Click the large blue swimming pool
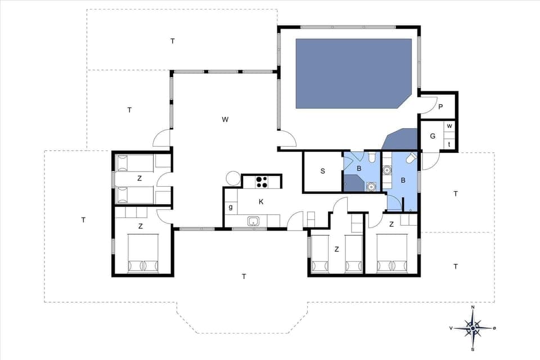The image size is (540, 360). (x=353, y=73)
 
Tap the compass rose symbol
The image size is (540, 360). (x=472, y=327)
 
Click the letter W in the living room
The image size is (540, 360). (x=225, y=119)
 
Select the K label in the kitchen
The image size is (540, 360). (x=260, y=201)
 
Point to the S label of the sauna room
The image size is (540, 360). (x=323, y=172)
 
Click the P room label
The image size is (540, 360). (x=440, y=107)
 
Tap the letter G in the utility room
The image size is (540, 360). (x=433, y=136)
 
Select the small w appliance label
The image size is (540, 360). (x=449, y=125)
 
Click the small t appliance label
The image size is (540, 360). (x=449, y=145)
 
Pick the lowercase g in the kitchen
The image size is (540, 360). (x=231, y=207)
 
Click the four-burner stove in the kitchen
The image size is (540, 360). (x=262, y=181)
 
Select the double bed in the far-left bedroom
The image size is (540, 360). (x=143, y=253)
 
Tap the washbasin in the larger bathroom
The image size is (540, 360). (x=387, y=170)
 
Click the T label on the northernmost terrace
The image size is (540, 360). (x=173, y=40)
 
